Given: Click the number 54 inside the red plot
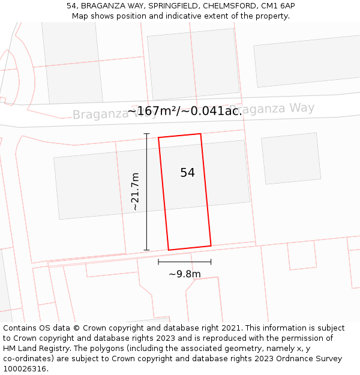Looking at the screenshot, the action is [x=187, y=173].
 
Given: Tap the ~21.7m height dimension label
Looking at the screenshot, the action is [x=135, y=191].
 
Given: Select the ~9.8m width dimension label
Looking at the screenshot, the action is [x=184, y=274].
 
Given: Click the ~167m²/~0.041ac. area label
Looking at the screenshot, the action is [x=185, y=111].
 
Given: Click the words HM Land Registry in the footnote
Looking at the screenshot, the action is [x=38, y=349].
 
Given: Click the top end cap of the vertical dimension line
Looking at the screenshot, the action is [x=146, y=133].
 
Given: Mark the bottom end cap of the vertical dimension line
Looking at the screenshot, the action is [x=146, y=250].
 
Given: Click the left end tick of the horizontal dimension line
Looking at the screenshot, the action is [x=158, y=262].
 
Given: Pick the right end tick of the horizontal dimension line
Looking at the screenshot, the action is [x=211, y=262].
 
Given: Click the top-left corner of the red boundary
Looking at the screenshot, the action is [x=158, y=138].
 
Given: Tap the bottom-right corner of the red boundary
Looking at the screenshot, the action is [x=211, y=246].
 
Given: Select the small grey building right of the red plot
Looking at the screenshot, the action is [x=290, y=158].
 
